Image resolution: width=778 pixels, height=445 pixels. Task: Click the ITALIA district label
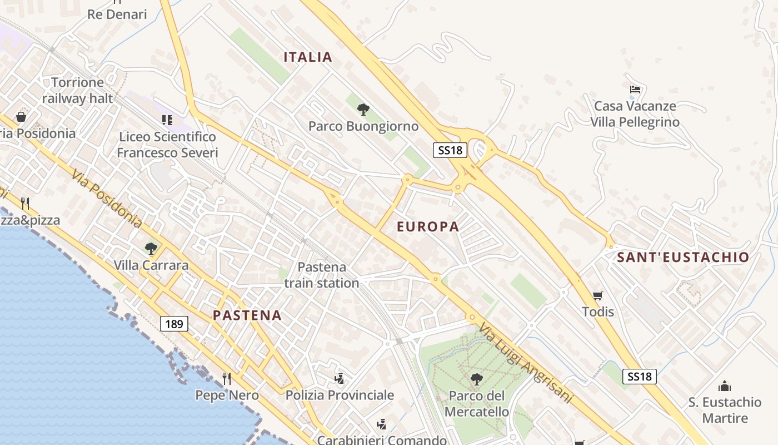[308, 57]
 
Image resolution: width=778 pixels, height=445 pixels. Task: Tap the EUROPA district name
[428, 226]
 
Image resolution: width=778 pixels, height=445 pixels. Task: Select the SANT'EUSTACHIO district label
[683, 257]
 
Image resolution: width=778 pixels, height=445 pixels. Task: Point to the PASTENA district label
[247, 315]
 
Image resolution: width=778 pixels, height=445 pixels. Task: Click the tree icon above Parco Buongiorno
[363, 109]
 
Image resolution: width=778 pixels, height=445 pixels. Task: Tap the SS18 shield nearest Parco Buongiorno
[450, 150]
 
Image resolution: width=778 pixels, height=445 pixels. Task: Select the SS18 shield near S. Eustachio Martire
[640, 377]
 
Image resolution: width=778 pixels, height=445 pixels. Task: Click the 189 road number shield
[174, 324]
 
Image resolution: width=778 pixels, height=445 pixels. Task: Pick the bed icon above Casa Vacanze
[635, 89]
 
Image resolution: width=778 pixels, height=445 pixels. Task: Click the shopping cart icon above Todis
[598, 295]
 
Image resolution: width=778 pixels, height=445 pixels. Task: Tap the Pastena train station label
[322, 275]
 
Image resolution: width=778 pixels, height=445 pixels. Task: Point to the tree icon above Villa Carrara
[151, 248]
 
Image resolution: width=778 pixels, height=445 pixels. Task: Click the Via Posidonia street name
[107, 199]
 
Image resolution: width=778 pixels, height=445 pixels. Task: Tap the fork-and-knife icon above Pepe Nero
[227, 379]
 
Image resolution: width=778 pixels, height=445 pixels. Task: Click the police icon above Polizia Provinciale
[340, 379]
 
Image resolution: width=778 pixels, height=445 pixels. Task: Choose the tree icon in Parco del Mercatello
[476, 379]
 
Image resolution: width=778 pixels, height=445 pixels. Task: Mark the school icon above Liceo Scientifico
[167, 120]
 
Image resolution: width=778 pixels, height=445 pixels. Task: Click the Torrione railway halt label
[77, 90]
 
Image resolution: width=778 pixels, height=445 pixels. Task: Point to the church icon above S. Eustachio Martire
[725, 386]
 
